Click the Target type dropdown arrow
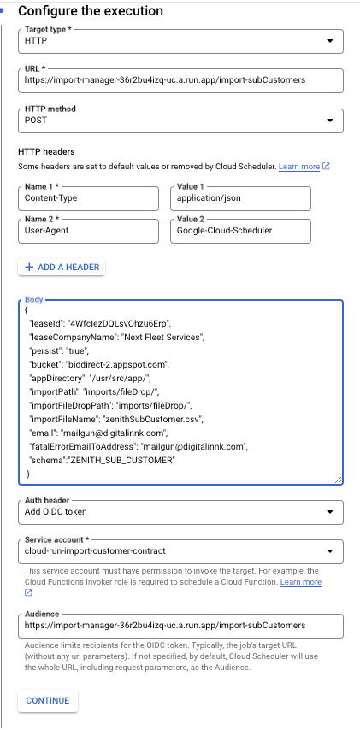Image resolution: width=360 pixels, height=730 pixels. pos(330,41)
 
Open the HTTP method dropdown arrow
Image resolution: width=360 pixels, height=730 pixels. pos(330,121)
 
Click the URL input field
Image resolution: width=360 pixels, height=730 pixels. pos(180,80)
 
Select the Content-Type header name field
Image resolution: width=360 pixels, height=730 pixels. pos(88,198)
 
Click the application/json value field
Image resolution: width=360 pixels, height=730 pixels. pos(241,198)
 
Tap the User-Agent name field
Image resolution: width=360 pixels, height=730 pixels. pos(88,231)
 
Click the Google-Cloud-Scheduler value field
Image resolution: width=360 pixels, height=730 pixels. pos(241,231)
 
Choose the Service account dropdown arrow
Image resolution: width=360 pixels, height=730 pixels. pos(330,551)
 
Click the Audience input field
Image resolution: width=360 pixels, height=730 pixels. pos(180,626)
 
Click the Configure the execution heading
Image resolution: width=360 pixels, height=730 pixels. pos(91,11)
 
